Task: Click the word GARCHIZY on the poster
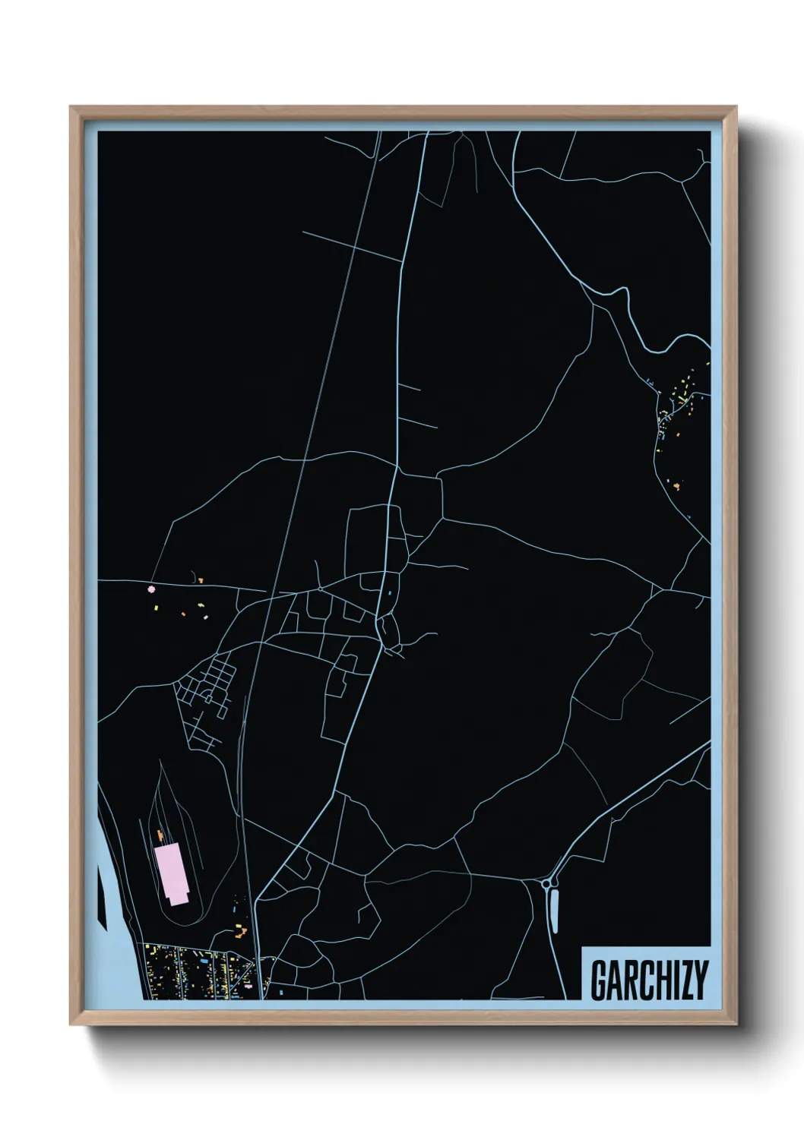pyautogui.click(x=648, y=980)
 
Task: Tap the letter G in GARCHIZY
pyautogui.click(x=598, y=980)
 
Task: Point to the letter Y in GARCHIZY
pyautogui.click(x=700, y=980)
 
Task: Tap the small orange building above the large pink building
pyautogui.click(x=160, y=835)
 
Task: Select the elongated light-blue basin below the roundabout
pyautogui.click(x=553, y=911)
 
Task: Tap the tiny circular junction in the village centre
pyautogui.click(x=321, y=588)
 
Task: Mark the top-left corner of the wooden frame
pyautogui.click(x=71, y=107)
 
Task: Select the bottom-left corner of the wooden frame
pyautogui.click(x=71, y=1025)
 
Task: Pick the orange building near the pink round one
pyautogui.click(x=201, y=580)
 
